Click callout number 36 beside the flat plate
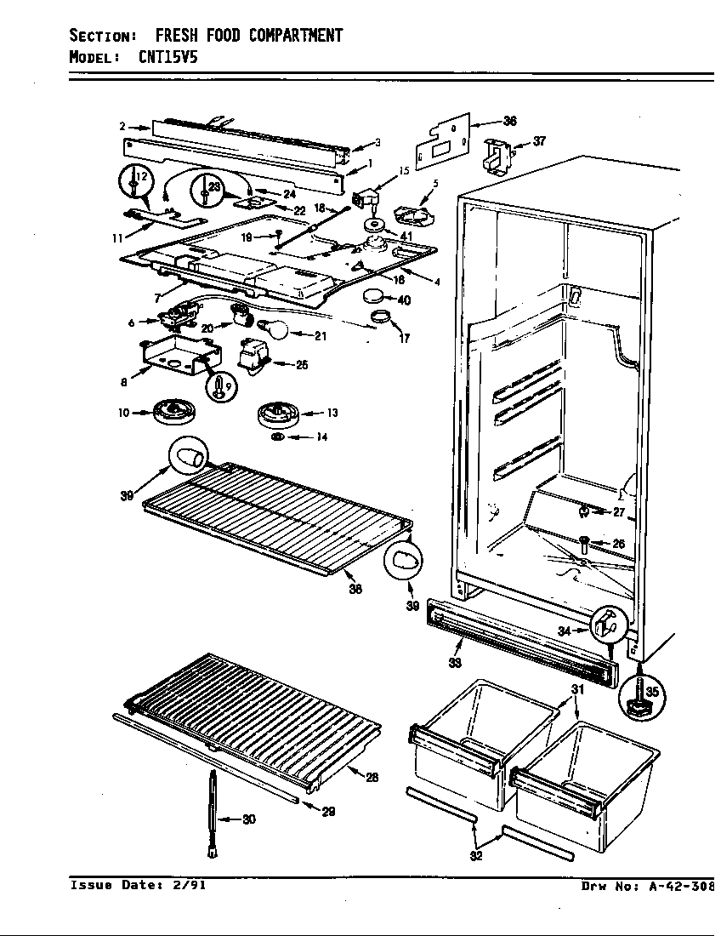tap(509, 122)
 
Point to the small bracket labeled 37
tap(497, 154)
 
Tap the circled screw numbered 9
tap(221, 385)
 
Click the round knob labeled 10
tap(175, 414)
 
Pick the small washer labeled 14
tap(277, 437)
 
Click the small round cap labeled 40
tap(374, 297)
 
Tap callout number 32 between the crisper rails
tap(477, 856)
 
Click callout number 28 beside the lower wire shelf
tap(372, 777)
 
